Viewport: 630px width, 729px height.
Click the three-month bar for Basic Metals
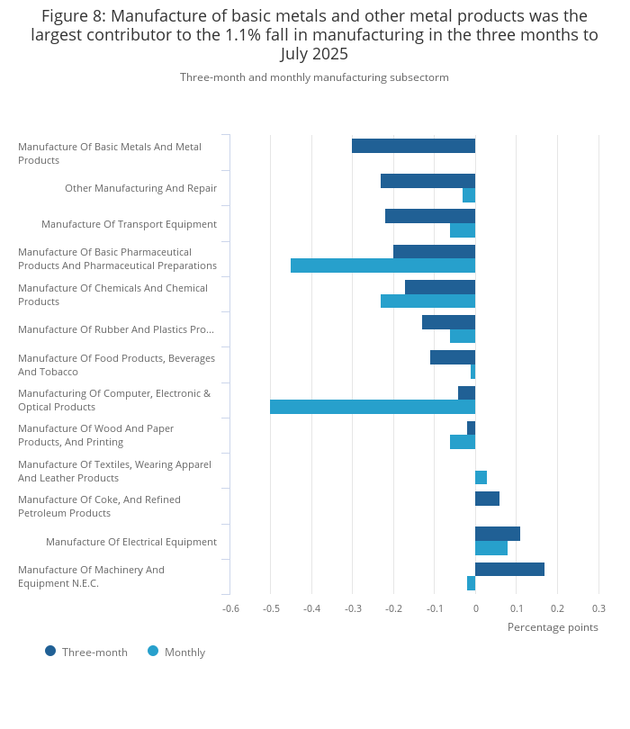point(413,146)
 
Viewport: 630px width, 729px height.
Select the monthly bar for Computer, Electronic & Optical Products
point(373,407)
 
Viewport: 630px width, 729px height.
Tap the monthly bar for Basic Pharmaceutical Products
point(383,265)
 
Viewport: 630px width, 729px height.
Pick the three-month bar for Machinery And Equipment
point(509,569)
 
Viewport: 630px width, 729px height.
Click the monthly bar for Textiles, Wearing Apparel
point(481,478)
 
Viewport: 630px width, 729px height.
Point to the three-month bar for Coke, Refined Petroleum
point(487,499)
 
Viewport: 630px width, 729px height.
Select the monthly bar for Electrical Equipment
point(491,548)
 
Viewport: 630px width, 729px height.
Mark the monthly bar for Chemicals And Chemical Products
point(427,301)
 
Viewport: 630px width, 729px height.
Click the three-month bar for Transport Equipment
point(430,216)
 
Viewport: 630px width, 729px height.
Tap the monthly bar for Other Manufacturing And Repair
point(469,195)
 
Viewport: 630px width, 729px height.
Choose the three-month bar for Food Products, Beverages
point(453,357)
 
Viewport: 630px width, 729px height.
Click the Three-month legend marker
point(50,651)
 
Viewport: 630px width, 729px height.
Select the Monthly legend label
point(184,652)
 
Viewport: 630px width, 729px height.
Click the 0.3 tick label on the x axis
point(598,608)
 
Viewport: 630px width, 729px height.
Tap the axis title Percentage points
point(553,627)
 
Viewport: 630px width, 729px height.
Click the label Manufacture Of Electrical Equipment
point(131,542)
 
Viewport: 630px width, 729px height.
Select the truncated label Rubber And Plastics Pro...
point(116,329)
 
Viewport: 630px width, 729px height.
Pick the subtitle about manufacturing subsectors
point(314,77)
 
